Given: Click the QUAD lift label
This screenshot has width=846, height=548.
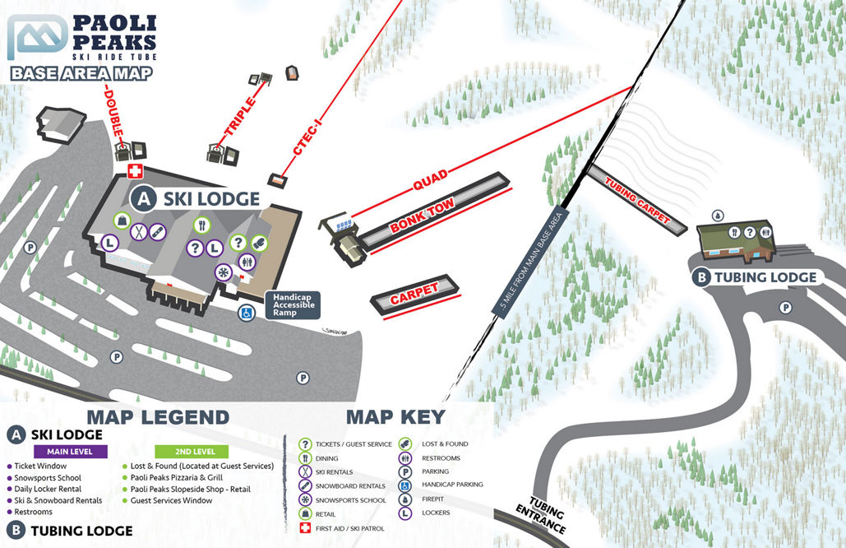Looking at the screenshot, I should [431, 180].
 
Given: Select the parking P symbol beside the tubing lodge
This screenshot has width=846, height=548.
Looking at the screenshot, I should [786, 308].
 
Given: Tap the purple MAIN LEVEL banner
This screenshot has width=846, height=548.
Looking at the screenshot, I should [71, 452].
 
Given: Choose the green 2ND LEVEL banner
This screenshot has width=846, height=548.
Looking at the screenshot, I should [196, 452].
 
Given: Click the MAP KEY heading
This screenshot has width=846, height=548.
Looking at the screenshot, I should [395, 416].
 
